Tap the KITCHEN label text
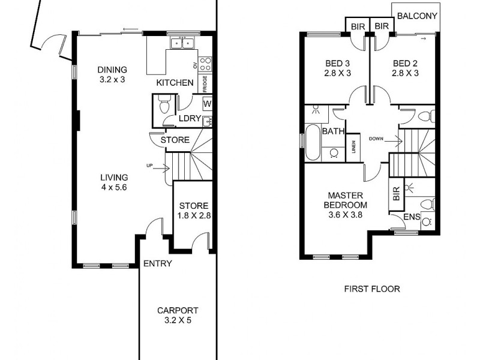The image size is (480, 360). (x=175, y=83)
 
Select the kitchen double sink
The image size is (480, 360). (x=181, y=43)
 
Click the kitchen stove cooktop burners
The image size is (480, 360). (x=205, y=64)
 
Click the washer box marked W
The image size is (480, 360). (x=207, y=104)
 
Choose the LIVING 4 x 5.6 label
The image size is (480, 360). (x=114, y=182)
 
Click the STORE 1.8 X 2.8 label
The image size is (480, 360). (x=193, y=210)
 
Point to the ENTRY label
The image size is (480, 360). (x=158, y=263)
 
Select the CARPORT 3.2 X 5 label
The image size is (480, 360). (x=177, y=315)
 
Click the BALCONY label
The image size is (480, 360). (x=416, y=16)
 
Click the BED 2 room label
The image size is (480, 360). (x=405, y=68)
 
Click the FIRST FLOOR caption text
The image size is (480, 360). (x=371, y=289)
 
